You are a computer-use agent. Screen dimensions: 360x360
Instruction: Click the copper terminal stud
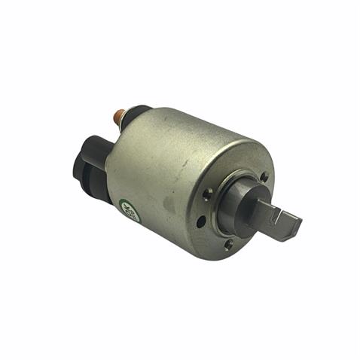pyautogui.click(x=119, y=116)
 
